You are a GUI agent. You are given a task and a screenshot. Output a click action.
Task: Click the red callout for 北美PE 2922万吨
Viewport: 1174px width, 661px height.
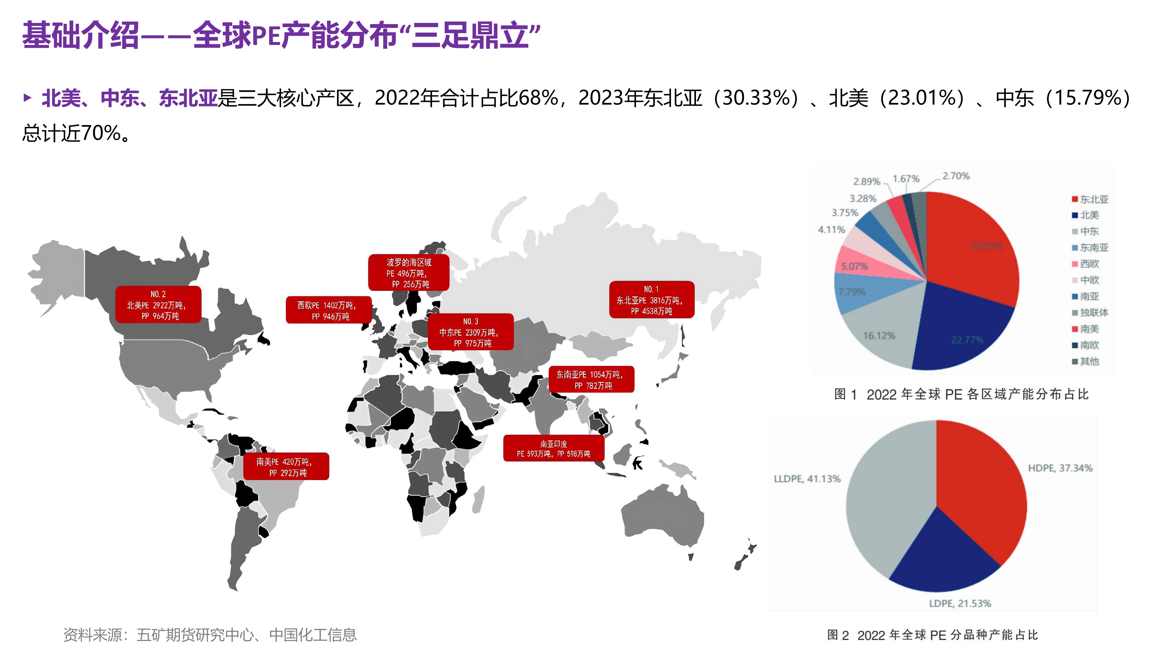158,305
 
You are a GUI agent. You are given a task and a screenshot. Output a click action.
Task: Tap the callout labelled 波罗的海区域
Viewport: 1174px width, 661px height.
408,273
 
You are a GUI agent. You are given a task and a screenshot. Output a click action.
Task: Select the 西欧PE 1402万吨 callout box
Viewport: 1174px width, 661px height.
328,310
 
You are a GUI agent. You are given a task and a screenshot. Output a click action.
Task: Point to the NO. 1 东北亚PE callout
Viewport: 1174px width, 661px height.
652,300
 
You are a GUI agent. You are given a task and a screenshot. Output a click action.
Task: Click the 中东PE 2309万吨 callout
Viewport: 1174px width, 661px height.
470,332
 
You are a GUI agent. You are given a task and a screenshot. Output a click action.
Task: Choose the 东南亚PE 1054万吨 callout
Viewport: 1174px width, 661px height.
591,379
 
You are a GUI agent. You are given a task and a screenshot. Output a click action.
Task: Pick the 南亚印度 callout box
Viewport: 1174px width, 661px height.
553,448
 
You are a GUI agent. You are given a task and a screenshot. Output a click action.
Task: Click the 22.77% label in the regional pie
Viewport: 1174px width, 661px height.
967,340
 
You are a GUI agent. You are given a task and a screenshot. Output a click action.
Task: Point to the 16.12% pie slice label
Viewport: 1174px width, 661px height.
879,336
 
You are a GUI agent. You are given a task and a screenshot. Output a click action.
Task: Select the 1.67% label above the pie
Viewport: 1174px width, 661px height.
905,178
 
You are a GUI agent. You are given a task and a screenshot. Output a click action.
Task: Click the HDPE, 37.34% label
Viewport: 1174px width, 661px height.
1060,468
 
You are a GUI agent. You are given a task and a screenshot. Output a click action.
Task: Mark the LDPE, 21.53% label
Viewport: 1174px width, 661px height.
960,603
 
